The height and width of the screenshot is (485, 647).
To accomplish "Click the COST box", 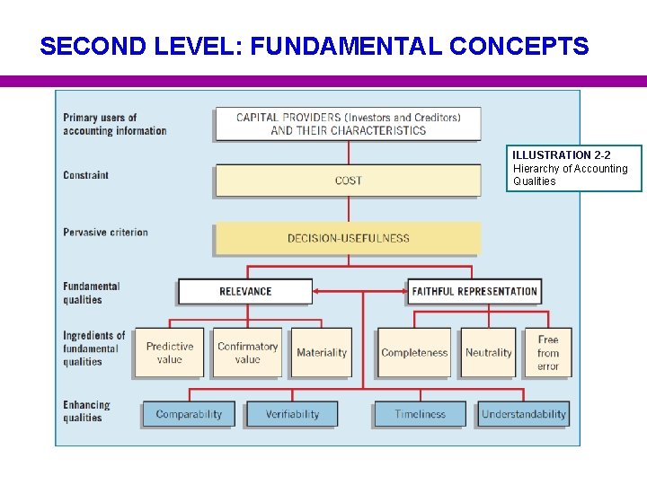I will coord(348,181).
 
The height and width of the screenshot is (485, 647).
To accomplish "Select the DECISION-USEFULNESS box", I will coord(348,238).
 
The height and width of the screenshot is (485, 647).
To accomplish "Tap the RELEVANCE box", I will coord(245,291).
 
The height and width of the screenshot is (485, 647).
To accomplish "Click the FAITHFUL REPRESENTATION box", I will coord(474,291).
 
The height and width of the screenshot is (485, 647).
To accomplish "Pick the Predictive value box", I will coord(170,353).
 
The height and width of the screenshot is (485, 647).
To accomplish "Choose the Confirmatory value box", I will coord(247,353).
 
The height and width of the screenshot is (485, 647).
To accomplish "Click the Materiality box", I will coord(322,353).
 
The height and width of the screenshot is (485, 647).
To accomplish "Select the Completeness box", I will coord(414,353).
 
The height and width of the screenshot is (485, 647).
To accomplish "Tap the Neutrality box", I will coord(489,353).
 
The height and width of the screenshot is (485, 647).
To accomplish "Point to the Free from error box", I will coord(548,353).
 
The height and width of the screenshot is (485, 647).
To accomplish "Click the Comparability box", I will coord(189,414).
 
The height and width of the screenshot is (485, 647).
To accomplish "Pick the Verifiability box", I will coord(292,414).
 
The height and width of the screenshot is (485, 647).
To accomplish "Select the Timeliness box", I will coord(420,414).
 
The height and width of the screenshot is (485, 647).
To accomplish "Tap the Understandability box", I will coord(524,414).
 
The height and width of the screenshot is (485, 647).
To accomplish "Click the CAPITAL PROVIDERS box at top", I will coord(348,124).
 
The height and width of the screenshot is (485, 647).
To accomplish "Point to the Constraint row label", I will coord(86,175).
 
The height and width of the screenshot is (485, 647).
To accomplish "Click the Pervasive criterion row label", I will coord(105,233).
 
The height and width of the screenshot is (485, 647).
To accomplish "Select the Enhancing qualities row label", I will coord(86,411).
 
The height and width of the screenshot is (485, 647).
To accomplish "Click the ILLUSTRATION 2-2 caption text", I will coord(561,155).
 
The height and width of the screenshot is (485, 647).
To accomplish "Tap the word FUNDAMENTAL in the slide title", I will coord(346,46).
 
